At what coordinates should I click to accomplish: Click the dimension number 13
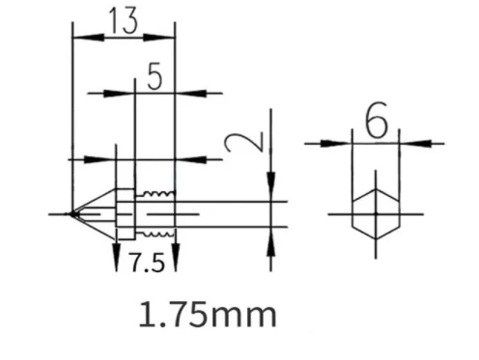[x=124, y=23]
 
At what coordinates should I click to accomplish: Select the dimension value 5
[x=154, y=78]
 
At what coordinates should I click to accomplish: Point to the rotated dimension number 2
[x=238, y=145]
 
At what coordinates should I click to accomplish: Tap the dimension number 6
[x=377, y=122]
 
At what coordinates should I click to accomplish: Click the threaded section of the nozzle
[x=155, y=212]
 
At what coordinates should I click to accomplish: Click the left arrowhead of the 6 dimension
[x=339, y=143]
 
